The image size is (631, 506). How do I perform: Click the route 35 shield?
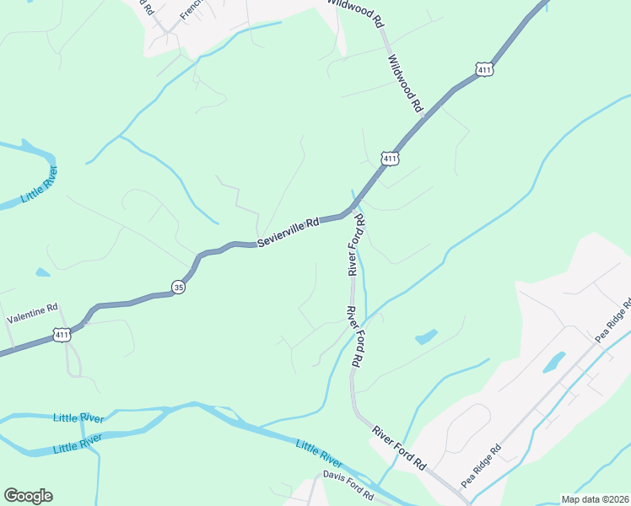click(178, 287)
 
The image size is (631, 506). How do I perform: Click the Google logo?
click(28, 496)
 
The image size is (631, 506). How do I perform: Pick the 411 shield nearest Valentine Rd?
click(62, 336)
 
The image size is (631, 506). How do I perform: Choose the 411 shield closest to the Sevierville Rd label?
click(389, 158)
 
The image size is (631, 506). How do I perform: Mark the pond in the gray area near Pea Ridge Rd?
click(553, 363)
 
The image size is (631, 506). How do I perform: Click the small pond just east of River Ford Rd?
click(426, 337)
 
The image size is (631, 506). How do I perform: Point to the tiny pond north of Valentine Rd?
click(43, 272)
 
